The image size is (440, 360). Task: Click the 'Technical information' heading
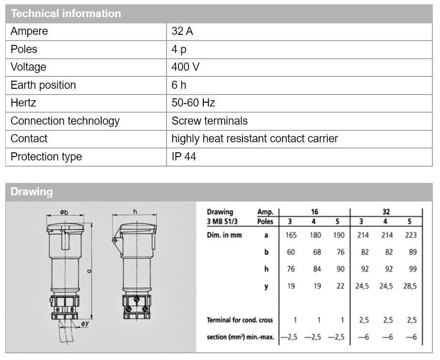click(66, 13)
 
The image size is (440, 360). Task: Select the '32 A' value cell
click(182, 32)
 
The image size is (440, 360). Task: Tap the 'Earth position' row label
click(43, 85)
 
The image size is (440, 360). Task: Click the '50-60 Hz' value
click(193, 103)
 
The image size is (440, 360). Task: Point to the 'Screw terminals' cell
click(210, 121)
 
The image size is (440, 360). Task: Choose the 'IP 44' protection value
click(184, 157)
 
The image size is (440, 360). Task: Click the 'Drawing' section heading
click(31, 192)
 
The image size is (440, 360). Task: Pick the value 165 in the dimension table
click(291, 235)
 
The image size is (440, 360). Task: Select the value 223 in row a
click(410, 235)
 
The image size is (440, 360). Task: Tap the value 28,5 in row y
click(410, 286)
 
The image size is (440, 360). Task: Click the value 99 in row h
click(412, 269)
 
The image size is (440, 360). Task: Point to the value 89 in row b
click(412, 252)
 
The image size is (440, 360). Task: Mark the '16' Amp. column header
click(314, 212)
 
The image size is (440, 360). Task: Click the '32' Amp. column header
click(386, 212)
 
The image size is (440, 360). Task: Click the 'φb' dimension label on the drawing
click(64, 212)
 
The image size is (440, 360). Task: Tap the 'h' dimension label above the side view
click(135, 212)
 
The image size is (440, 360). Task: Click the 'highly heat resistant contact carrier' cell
click(254, 138)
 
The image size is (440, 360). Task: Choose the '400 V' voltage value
click(186, 67)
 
